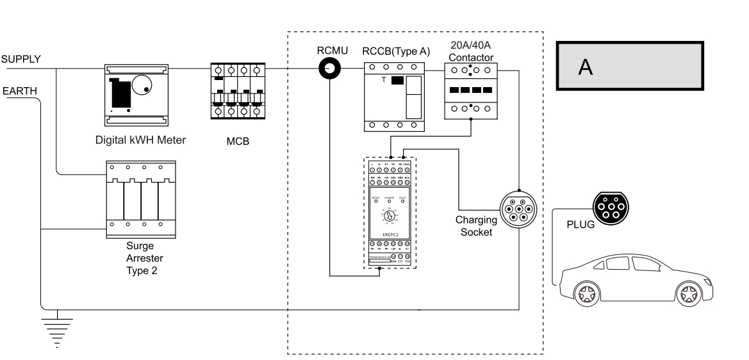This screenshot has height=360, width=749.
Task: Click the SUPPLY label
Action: coord(21,59)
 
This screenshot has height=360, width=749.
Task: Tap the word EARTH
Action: coord(20,92)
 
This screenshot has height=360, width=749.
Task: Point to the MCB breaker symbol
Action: coord(238,92)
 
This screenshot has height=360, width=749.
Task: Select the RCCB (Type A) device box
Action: coord(395,97)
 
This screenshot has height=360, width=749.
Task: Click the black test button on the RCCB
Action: coord(397,81)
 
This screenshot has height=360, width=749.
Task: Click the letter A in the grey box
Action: coord(584,67)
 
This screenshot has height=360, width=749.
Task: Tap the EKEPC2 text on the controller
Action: coord(390,235)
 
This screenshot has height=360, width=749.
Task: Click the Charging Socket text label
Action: coord(476,225)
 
